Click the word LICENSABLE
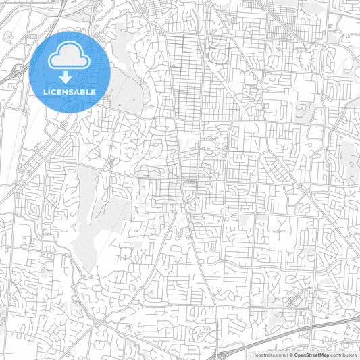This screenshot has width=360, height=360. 70,92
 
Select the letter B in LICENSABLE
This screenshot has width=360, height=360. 82,92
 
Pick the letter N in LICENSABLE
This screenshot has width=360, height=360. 64,92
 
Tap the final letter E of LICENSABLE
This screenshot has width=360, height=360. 94,92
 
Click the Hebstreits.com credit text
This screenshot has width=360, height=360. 269,355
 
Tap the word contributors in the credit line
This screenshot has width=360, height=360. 343,355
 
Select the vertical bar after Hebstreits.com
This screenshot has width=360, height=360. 287,355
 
